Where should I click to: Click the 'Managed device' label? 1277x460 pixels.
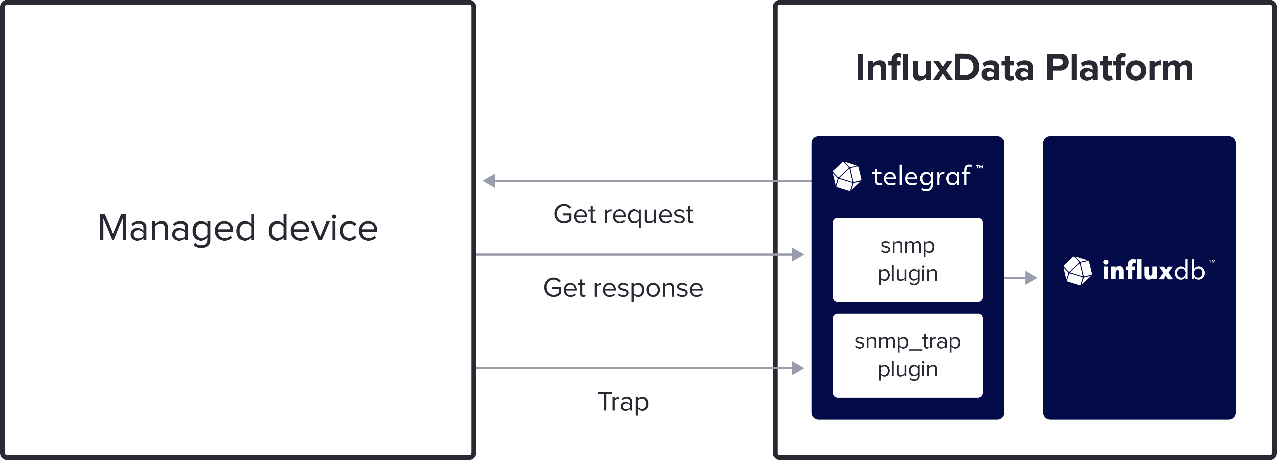[x=238, y=228]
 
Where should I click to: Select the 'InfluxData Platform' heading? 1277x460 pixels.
[x=1024, y=68]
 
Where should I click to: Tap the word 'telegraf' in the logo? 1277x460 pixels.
[x=921, y=177]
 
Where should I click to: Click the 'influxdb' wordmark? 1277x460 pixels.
[x=1153, y=271]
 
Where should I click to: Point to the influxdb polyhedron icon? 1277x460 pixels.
[x=1077, y=271]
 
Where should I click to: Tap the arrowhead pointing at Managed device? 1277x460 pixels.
[x=489, y=181]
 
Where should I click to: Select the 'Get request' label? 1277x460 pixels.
[x=623, y=214]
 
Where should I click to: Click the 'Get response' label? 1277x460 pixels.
[x=623, y=288]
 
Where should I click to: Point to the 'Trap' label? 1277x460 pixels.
[x=623, y=402]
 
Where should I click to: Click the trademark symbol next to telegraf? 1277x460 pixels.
[x=980, y=167]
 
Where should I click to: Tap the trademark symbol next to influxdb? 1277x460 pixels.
[x=1212, y=262]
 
